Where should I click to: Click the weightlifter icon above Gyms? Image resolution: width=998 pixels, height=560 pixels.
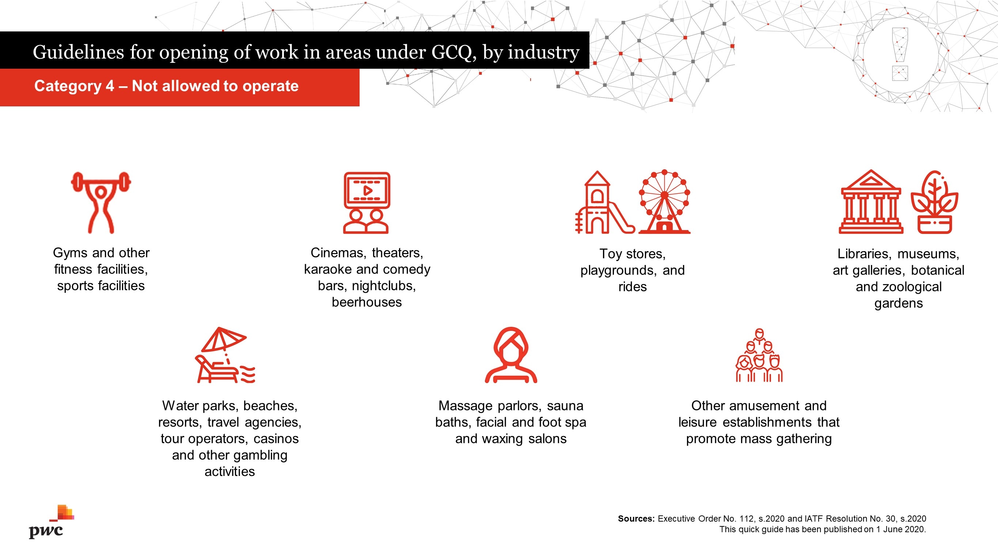(x=101, y=203)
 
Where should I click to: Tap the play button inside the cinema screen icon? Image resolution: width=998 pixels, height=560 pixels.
(x=367, y=190)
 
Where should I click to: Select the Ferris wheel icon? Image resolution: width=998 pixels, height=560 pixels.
(x=664, y=201)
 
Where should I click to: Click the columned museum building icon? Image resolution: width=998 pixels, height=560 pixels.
(x=871, y=201)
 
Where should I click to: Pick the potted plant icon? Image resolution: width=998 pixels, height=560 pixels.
(x=934, y=202)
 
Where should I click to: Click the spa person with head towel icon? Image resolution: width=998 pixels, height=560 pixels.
(x=511, y=355)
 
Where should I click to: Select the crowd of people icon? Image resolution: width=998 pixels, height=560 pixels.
(x=759, y=355)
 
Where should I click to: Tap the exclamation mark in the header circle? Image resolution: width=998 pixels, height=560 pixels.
(x=900, y=54)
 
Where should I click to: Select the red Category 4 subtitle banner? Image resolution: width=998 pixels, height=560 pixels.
(x=180, y=87)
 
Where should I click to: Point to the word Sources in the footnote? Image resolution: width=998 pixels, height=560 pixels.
(x=636, y=519)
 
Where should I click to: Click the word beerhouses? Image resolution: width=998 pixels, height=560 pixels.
(x=367, y=302)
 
